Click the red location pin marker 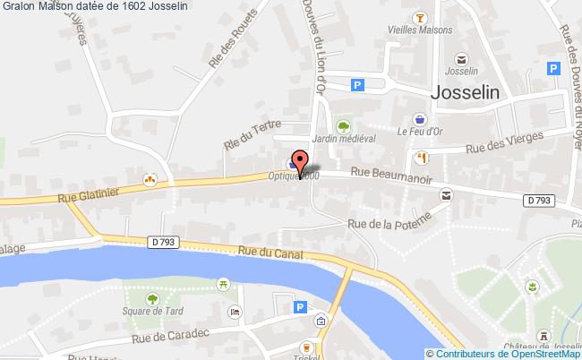300,161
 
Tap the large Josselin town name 466,90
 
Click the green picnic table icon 220,283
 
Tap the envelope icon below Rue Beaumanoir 446,193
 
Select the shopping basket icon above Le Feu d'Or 420,117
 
